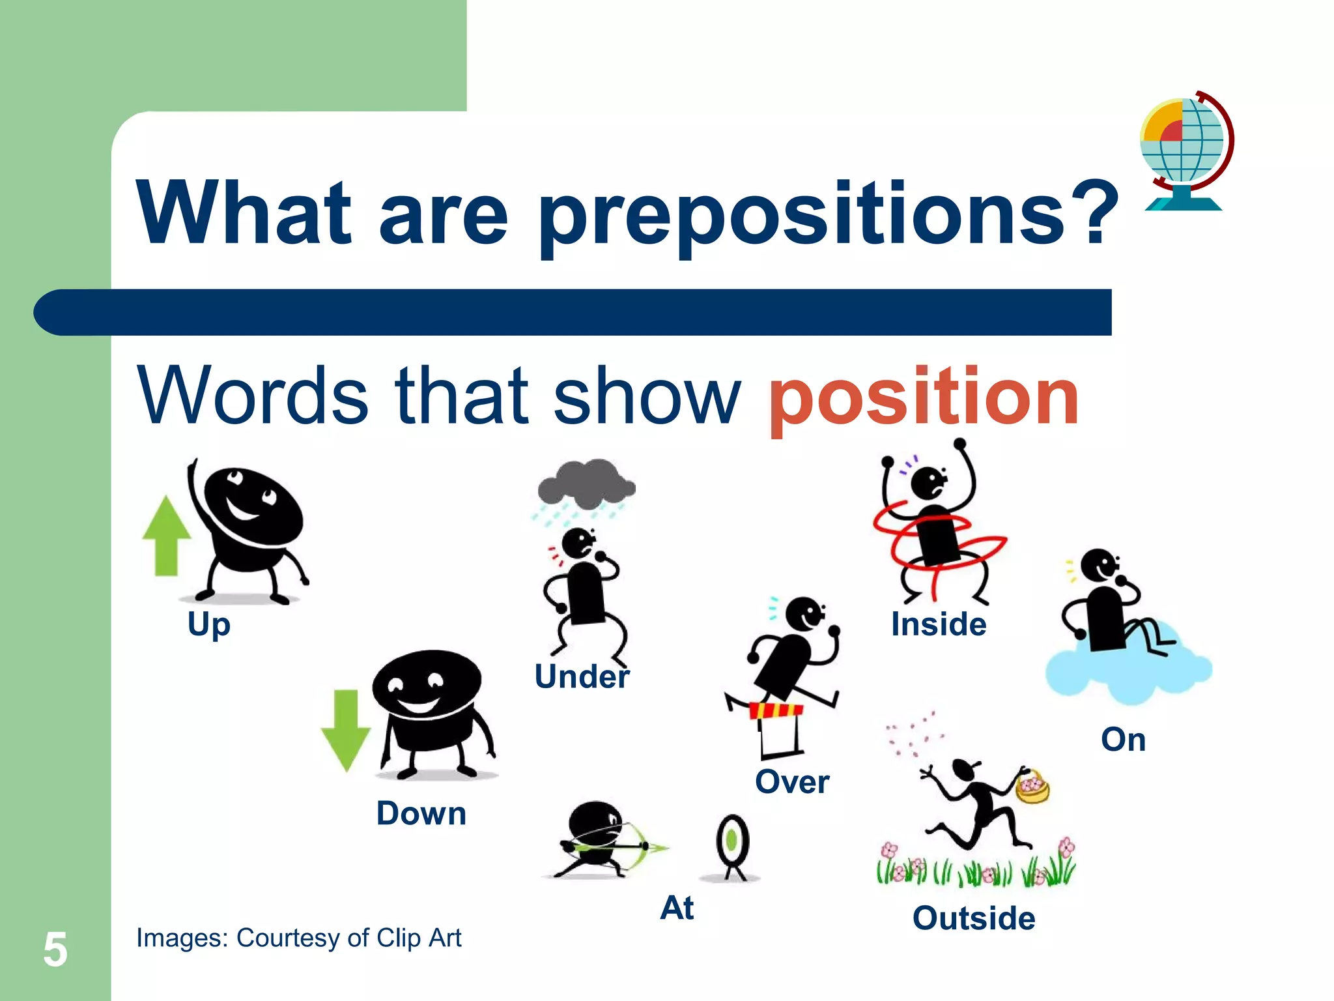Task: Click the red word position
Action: point(924,398)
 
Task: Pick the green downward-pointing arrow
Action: point(346,730)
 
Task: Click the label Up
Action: point(208,624)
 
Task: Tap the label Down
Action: point(421,813)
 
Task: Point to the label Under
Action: point(582,676)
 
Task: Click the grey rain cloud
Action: point(586,484)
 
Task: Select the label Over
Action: point(792,781)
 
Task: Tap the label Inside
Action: point(939,624)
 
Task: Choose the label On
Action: point(1123,740)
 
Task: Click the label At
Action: point(677,908)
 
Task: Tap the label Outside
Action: point(974,918)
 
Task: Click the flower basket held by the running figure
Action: point(1033,787)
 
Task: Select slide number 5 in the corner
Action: point(55,950)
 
